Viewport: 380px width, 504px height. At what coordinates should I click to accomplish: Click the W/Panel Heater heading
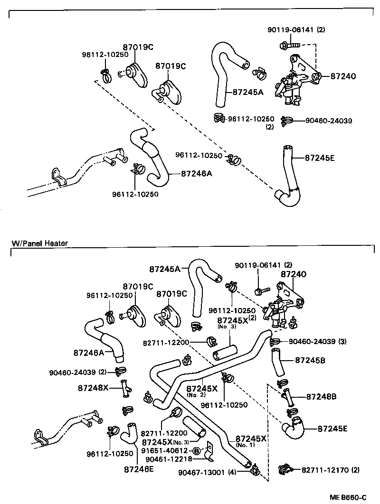point(39,243)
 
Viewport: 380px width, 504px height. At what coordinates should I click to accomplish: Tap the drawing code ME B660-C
point(348,497)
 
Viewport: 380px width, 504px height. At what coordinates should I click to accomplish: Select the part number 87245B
point(310,361)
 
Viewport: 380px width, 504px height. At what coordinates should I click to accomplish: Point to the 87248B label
point(321,396)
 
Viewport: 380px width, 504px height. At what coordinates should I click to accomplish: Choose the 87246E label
point(139,469)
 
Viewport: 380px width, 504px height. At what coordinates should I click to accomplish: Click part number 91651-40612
point(167,450)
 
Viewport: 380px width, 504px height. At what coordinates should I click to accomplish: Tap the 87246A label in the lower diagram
point(89,352)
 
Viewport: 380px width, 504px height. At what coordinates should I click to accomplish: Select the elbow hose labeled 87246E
point(128,433)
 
